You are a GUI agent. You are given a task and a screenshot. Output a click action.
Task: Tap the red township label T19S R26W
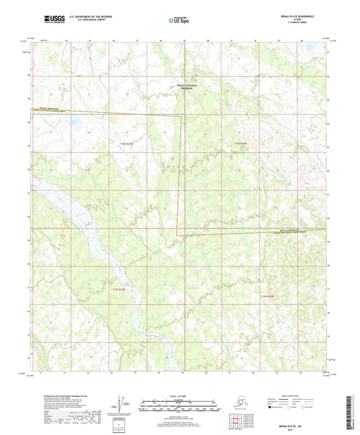(x=269, y=296)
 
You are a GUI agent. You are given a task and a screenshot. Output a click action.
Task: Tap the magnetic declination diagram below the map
(x=122, y=404)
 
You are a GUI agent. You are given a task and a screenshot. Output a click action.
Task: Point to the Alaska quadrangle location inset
(x=241, y=404)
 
